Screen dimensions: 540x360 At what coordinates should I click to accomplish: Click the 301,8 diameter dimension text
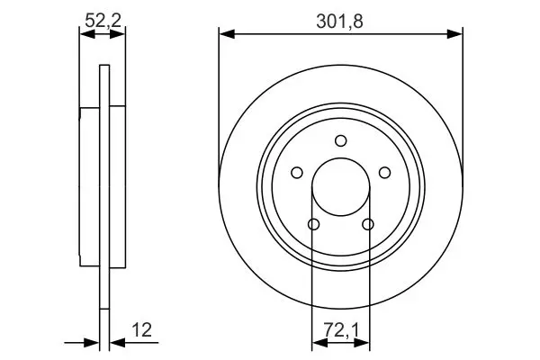339,22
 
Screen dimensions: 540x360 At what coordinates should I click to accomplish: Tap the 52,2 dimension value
103,21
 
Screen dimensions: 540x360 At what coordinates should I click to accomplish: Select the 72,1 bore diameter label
341,330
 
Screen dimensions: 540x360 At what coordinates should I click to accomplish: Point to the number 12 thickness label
142,330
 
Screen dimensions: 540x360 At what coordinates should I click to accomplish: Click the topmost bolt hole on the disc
341,141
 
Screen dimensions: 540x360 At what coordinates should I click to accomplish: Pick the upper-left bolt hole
297,173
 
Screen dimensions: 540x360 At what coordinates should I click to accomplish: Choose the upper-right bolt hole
384,173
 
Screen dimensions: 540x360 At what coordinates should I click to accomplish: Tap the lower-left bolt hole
313,224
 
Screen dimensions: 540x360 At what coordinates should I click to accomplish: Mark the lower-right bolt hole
368,224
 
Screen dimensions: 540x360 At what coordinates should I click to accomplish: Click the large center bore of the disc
341,186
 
